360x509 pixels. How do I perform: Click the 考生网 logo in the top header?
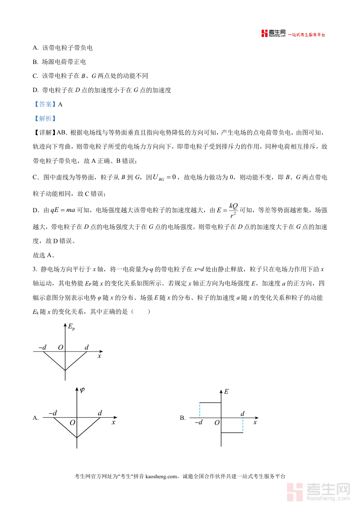point(274,34)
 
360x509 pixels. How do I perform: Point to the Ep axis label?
point(72,327)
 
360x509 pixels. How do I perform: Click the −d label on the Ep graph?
point(43,347)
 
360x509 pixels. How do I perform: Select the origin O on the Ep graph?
point(60,347)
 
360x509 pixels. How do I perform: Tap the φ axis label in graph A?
point(82,390)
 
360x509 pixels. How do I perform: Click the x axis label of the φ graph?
point(114,422)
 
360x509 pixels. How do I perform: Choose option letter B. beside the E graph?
point(183,418)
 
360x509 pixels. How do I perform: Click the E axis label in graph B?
point(226,392)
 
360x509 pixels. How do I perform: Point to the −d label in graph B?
point(198,422)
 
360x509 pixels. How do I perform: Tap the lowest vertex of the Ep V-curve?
point(65,370)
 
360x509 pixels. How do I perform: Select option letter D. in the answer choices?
point(36,90)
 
